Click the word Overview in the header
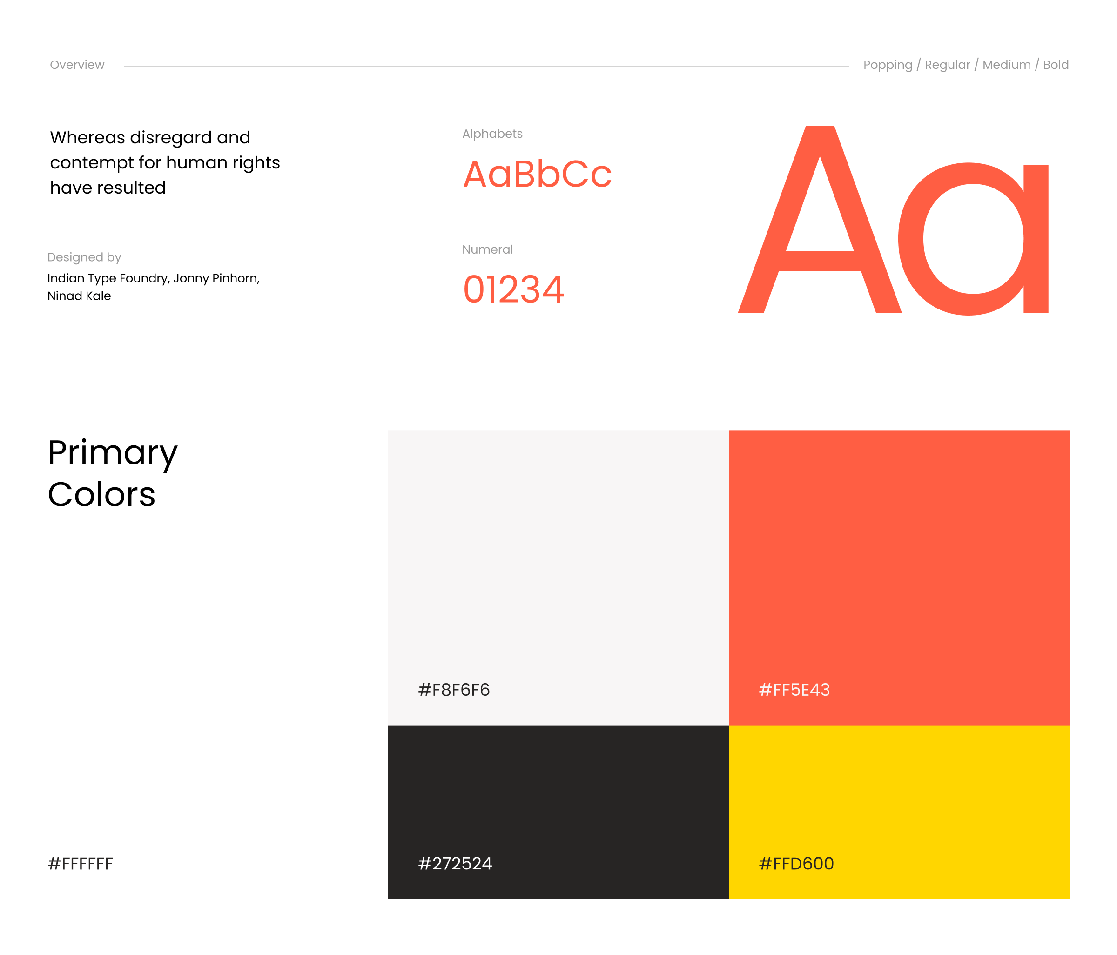[x=77, y=65]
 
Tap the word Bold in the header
[x=1056, y=65]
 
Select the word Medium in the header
[x=1007, y=65]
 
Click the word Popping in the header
[x=888, y=65]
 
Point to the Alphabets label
[x=492, y=134]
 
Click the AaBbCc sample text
[x=538, y=174]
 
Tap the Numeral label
[x=487, y=249]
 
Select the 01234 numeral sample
[x=514, y=289]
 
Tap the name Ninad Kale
[x=79, y=296]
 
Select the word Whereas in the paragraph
[x=87, y=137]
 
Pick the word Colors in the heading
[x=101, y=494]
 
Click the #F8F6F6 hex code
[x=454, y=690]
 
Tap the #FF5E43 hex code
[x=794, y=690]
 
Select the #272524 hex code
[x=455, y=863]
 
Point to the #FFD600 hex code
[x=796, y=863]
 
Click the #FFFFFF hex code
[x=81, y=863]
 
